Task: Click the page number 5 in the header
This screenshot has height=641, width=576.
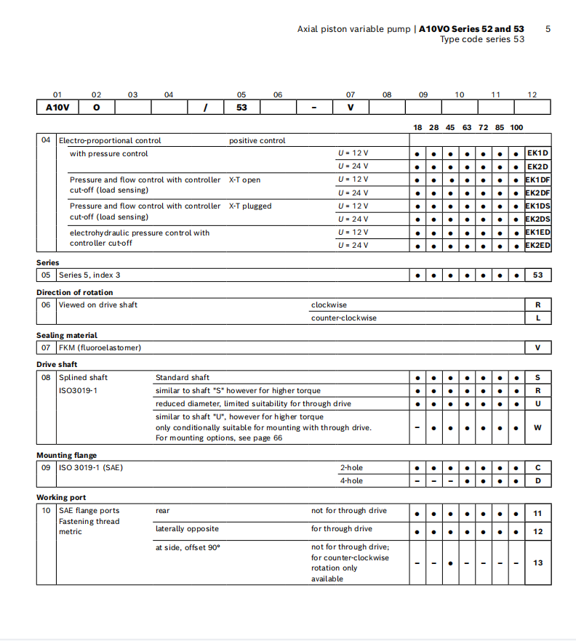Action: (548, 29)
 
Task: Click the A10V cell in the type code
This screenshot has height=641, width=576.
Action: (57, 107)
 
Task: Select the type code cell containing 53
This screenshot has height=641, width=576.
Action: (241, 107)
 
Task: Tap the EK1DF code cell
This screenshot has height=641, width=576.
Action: (537, 180)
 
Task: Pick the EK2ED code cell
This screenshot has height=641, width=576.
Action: (537, 246)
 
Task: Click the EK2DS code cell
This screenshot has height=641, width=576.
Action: (537, 219)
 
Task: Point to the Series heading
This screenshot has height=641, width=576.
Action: (48, 262)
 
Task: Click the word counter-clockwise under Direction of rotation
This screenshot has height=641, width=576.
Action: (343, 318)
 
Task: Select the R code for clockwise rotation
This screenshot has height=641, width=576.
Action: (537, 305)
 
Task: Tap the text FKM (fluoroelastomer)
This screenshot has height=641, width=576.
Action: (100, 347)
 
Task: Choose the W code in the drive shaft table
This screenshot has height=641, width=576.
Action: (537, 427)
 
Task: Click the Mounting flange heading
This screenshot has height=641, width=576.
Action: (66, 455)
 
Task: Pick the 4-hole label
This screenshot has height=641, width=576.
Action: (351, 480)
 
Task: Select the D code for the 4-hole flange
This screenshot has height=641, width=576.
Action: (537, 480)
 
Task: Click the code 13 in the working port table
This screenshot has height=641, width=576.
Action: (537, 563)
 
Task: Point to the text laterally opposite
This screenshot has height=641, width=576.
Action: (187, 528)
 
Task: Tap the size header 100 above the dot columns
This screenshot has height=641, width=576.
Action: (516, 127)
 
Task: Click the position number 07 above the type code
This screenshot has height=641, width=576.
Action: (351, 94)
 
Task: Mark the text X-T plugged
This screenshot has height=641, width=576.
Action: (250, 206)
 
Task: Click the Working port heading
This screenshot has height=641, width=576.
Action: (61, 497)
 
